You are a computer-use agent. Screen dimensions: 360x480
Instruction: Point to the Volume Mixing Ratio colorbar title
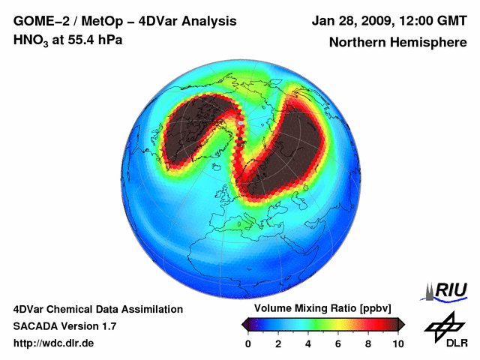click(x=322, y=308)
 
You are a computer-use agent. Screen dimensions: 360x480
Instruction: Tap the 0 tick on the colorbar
click(x=248, y=343)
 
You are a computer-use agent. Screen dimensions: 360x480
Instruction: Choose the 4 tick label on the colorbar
click(x=307, y=343)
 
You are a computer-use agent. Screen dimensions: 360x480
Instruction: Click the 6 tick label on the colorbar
click(x=337, y=343)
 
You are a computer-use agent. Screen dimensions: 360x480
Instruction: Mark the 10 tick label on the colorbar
click(x=397, y=343)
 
